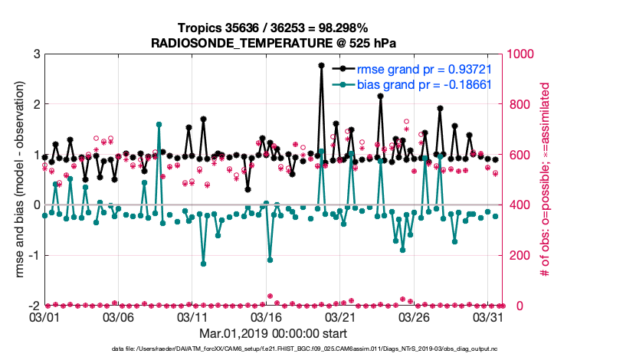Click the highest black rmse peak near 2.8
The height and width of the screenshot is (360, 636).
[321, 66]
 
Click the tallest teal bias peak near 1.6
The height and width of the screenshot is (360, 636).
[159, 124]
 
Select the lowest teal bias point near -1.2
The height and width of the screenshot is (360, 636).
[203, 263]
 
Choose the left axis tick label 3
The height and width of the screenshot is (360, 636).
[36, 54]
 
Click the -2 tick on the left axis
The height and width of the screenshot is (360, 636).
[33, 306]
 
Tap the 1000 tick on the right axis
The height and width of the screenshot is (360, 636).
[520, 54]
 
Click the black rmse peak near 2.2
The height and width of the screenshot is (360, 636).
[380, 97]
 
